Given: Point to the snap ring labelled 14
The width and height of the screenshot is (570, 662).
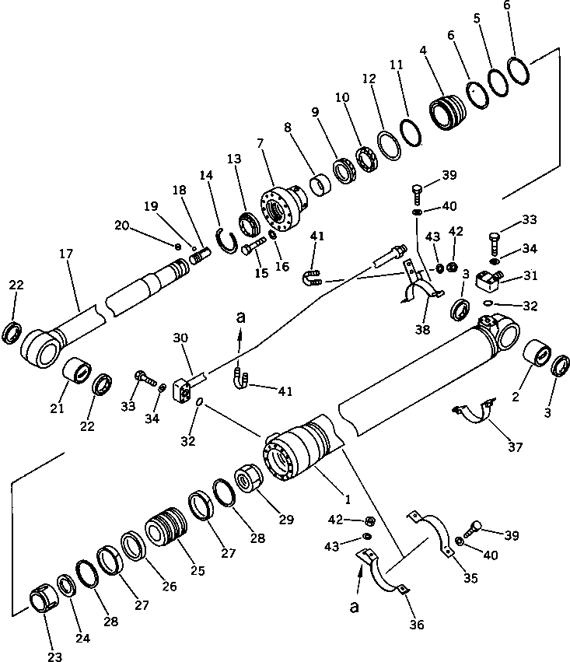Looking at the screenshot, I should click(226, 241).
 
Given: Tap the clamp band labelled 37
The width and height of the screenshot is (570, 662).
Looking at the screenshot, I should click(473, 413).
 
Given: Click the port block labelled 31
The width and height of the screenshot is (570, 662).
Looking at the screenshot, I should click(490, 278).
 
